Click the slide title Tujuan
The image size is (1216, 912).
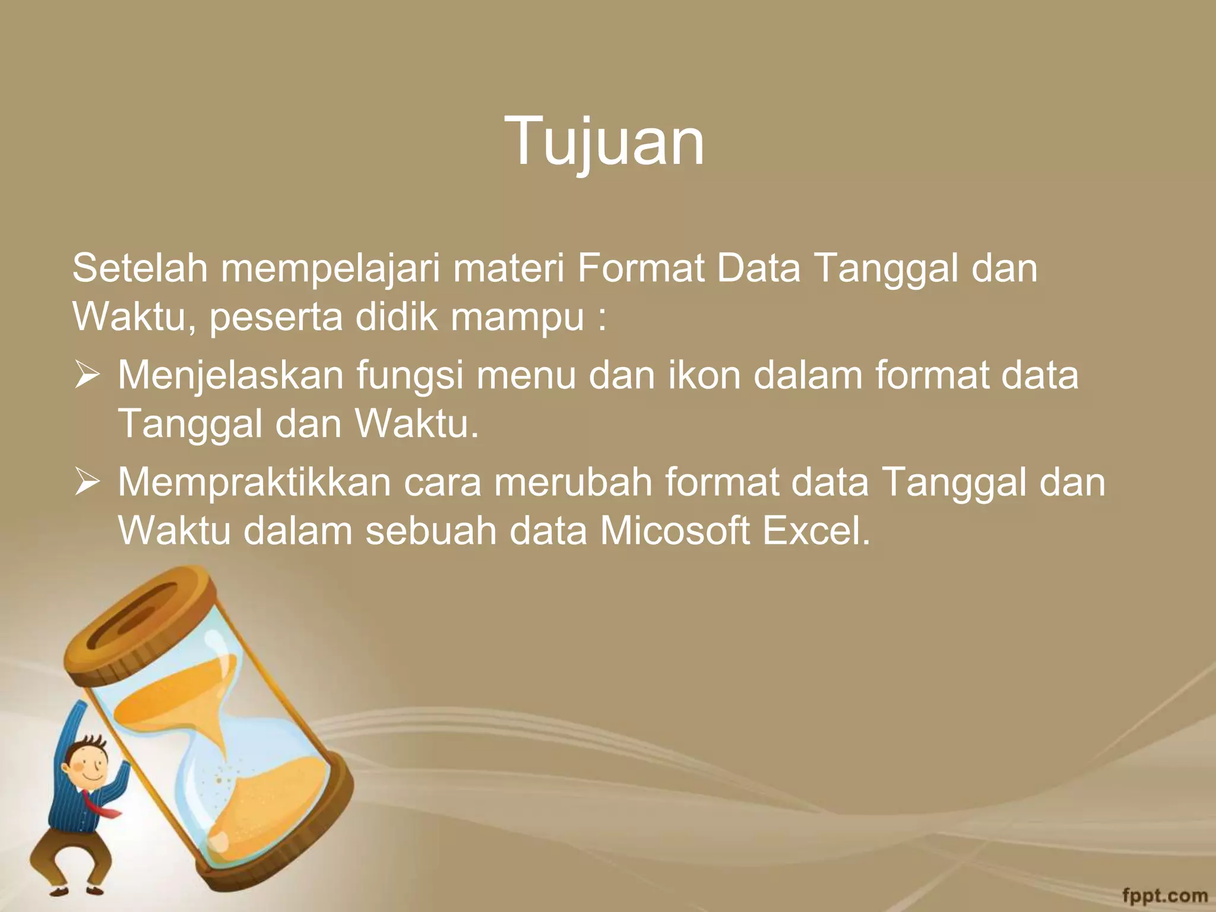pyautogui.click(x=604, y=141)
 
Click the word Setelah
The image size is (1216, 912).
pyautogui.click(x=140, y=268)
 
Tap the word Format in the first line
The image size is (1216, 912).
pyautogui.click(x=640, y=268)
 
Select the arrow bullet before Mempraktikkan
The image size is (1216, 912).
pyautogui.click(x=87, y=483)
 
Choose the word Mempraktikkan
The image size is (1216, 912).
pyautogui.click(x=254, y=483)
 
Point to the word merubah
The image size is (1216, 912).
pyautogui.click(x=572, y=482)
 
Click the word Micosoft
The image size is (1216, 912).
pyautogui.click(x=674, y=530)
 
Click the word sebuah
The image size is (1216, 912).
pyautogui.click(x=430, y=530)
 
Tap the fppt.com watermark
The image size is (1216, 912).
pyautogui.click(x=1164, y=894)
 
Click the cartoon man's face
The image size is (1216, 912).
pyautogui.click(x=87, y=765)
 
